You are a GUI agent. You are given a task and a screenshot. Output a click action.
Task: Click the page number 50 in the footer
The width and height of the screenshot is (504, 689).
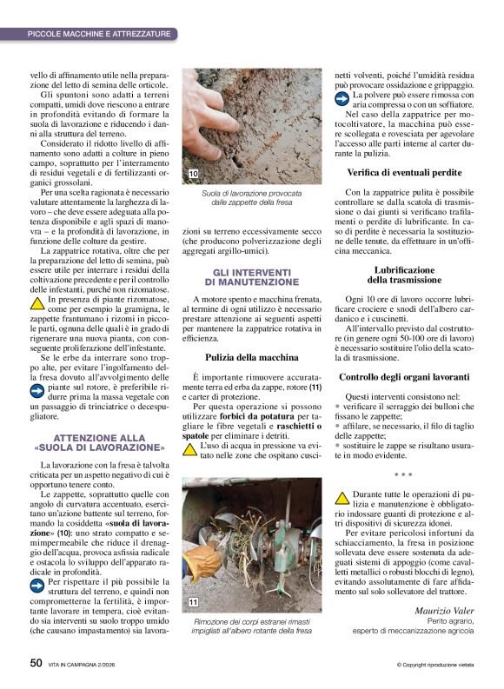pyautogui.click(x=36, y=662)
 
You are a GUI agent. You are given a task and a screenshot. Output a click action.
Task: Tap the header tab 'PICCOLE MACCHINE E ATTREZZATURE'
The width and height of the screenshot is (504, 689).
pyautogui.click(x=98, y=34)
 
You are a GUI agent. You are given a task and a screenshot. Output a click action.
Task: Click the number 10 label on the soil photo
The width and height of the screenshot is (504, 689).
pyautogui.click(x=193, y=175)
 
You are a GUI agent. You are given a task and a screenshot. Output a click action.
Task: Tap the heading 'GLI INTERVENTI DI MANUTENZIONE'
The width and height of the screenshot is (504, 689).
pyautogui.click(x=251, y=277)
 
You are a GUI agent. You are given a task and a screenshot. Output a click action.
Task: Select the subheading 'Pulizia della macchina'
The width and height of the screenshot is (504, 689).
pyautogui.click(x=251, y=357)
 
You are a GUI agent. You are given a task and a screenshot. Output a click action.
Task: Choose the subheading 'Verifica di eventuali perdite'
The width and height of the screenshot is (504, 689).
pyautogui.click(x=404, y=172)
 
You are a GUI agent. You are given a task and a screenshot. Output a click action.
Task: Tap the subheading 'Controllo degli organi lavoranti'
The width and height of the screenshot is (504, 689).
pyautogui.click(x=404, y=377)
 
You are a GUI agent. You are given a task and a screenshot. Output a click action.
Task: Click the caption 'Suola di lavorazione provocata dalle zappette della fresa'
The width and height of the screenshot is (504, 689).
pyautogui.click(x=251, y=197)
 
